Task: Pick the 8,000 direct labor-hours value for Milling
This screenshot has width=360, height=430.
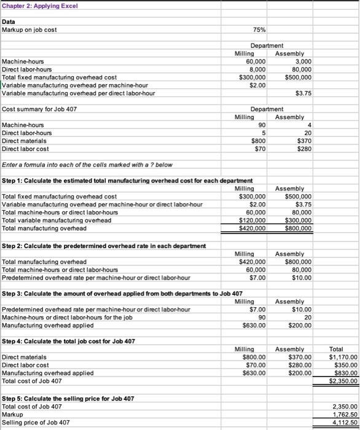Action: point(256,69)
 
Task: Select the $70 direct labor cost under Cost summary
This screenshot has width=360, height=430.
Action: point(258,149)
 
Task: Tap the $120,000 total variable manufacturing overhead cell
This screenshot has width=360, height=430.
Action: point(252,220)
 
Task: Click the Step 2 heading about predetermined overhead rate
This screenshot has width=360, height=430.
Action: point(104,246)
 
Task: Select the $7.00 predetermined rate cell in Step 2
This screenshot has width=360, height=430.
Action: point(256,277)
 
